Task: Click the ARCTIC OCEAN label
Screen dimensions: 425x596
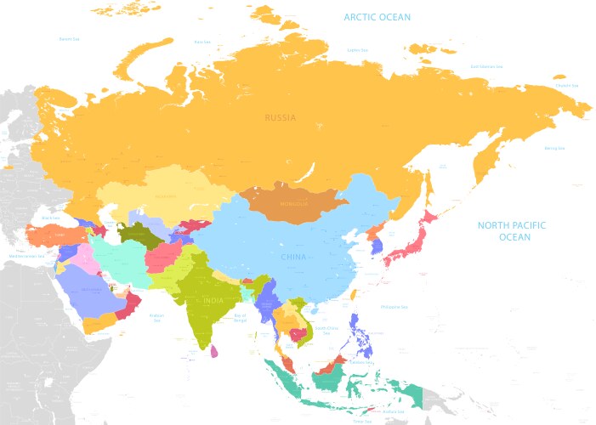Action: (x=377, y=17)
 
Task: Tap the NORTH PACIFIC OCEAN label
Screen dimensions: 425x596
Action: (x=511, y=231)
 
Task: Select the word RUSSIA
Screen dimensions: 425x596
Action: (x=280, y=118)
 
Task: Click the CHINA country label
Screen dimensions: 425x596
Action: (x=293, y=256)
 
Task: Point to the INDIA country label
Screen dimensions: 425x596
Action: (x=213, y=300)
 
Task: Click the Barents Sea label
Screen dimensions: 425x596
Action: (x=69, y=38)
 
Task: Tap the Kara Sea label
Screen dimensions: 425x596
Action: (x=202, y=41)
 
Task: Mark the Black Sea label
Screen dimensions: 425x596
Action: (x=49, y=218)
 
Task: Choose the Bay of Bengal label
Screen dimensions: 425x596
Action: (x=240, y=316)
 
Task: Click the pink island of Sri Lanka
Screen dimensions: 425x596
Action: (x=214, y=351)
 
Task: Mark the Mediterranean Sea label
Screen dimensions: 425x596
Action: (x=26, y=255)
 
